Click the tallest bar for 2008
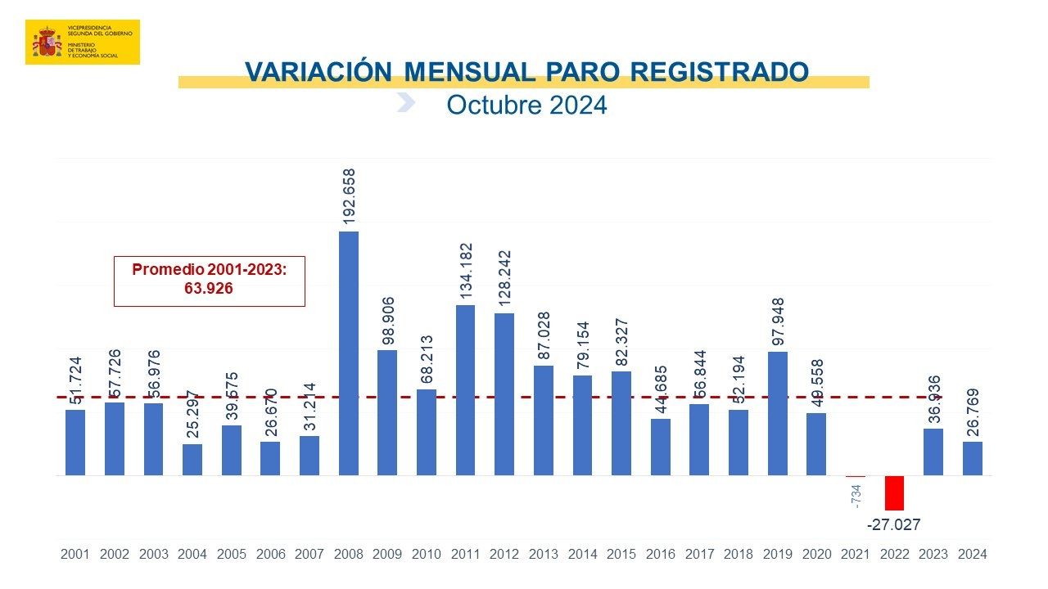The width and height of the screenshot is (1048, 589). coord(349,353)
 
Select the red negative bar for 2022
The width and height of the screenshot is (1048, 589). coord(894,492)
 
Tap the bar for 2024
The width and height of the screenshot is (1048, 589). coord(972,458)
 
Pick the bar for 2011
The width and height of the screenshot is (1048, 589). coord(465,389)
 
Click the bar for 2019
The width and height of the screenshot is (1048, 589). coord(777,413)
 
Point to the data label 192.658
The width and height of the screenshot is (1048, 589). coord(349,196)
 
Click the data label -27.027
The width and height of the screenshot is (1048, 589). coord(894,524)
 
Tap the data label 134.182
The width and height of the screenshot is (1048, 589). coord(465,271)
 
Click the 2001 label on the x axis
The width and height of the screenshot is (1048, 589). coord(75,554)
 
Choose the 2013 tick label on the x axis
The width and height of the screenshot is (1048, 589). coord(543,554)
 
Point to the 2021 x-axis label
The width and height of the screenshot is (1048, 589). coord(855,554)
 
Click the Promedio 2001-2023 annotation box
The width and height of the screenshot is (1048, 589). coord(209,281)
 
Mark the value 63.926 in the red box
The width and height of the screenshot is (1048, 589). coord(209,289)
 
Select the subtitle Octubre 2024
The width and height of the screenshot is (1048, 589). coord(526,106)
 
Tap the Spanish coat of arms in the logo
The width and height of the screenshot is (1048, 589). coord(47,41)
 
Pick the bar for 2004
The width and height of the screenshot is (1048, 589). coord(192,459)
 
